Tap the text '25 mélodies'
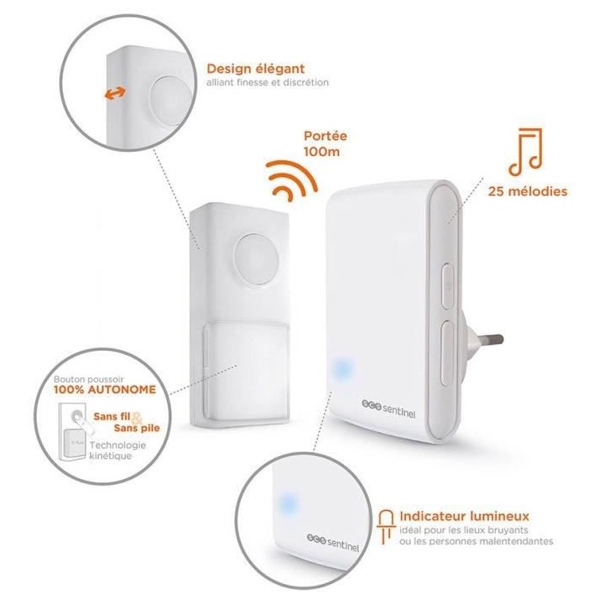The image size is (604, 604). [x=527, y=190]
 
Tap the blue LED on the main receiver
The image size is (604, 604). [x=341, y=369]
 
